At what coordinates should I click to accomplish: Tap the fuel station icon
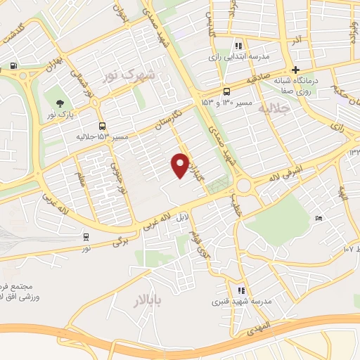(x=13, y=67)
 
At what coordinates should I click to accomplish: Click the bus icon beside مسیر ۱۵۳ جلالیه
(x=103, y=126)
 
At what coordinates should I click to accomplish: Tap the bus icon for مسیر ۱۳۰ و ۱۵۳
(x=226, y=92)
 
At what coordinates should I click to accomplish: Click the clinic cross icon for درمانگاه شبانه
(x=296, y=70)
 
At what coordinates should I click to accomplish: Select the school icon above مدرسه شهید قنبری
(x=241, y=290)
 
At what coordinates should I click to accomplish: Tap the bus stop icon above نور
(x=86, y=238)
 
